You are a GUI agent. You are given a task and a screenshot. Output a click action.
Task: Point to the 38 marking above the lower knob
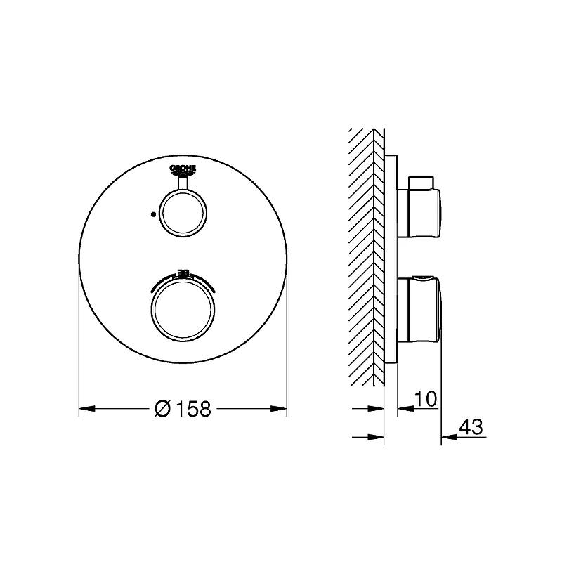pyautogui.click(x=183, y=272)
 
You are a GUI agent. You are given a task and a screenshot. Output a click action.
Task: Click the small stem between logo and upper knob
pyautogui.click(x=183, y=183)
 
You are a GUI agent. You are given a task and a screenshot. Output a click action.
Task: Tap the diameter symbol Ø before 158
pyautogui.click(x=162, y=409)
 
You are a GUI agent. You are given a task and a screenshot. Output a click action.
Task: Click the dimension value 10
pyautogui.click(x=426, y=399)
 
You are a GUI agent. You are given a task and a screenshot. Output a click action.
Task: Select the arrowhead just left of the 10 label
pyautogui.click(x=403, y=408)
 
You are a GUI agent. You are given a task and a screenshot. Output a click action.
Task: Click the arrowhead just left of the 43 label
pyautogui.click(x=447, y=437)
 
